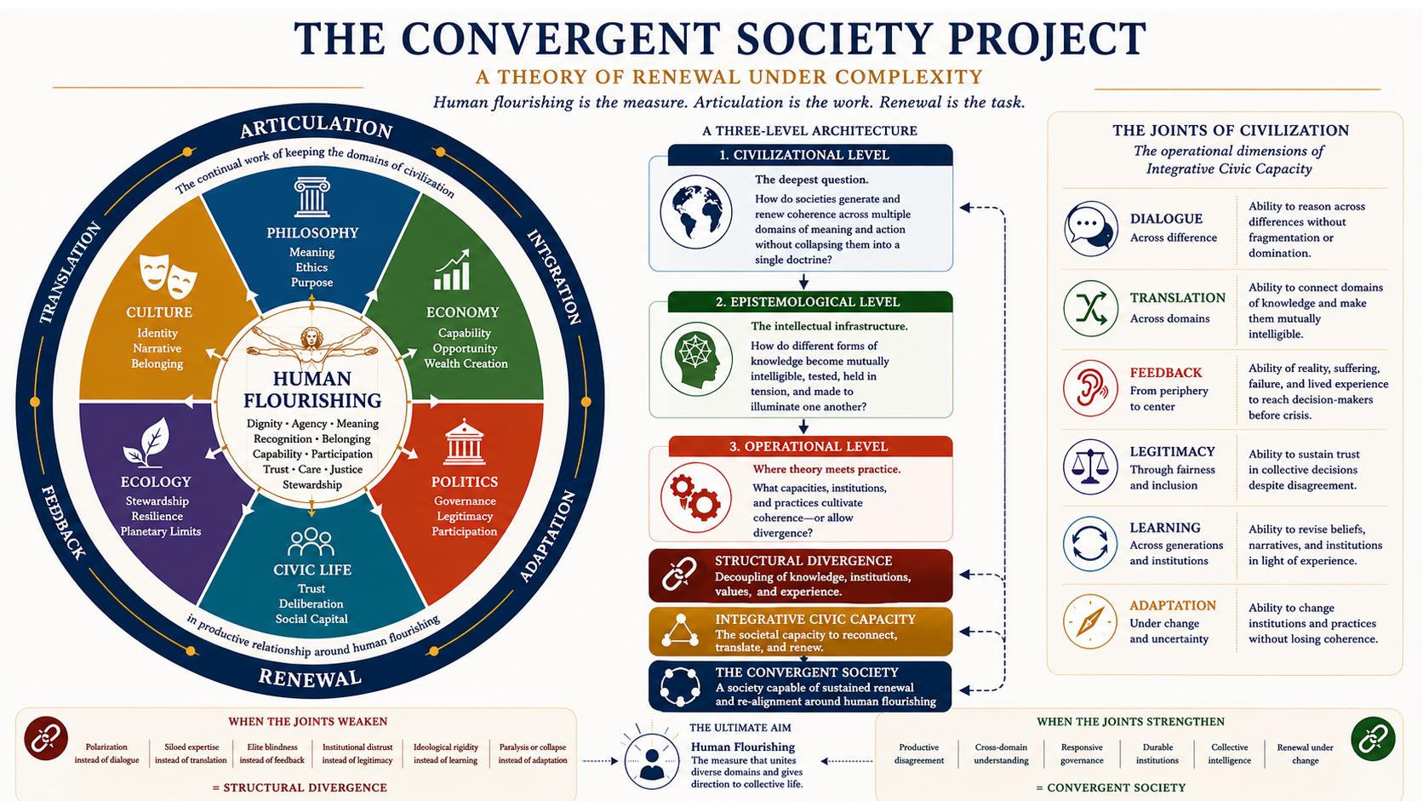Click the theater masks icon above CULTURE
click(169, 277)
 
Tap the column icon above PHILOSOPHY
click(311, 197)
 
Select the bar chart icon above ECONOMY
click(452, 270)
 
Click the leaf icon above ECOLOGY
click(146, 442)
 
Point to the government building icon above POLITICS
click(465, 442)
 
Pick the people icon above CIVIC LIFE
click(311, 542)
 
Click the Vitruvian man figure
click(311, 346)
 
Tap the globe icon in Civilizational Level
click(695, 212)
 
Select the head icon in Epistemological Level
click(696, 359)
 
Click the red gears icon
click(695, 497)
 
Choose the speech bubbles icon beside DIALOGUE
click(1091, 229)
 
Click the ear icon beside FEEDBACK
click(1091, 388)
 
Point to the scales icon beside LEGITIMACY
click(1090, 466)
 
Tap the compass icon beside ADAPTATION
click(1090, 621)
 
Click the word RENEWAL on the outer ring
click(310, 678)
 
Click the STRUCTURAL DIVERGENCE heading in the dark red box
click(803, 561)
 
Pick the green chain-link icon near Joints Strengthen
click(1373, 739)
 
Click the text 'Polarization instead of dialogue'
click(106, 753)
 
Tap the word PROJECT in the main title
click(1048, 39)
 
